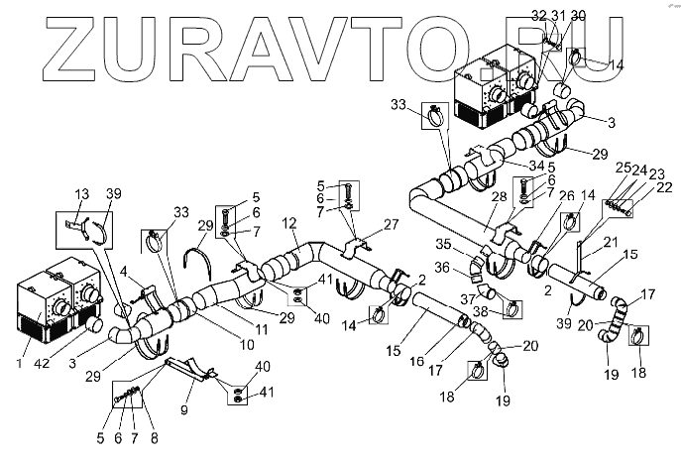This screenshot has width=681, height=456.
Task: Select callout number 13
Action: tap(82, 192)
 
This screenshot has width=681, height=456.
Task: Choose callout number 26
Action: tap(539, 195)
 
